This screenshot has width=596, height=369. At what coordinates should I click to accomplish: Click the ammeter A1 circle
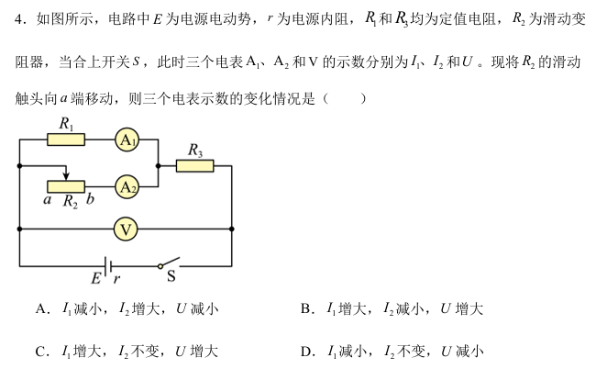click(x=127, y=140)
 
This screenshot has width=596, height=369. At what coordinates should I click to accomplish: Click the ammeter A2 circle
click(x=127, y=186)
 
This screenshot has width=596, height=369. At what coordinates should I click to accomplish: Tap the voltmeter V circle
click(x=127, y=228)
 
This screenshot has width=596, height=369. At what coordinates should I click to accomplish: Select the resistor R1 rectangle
click(x=66, y=140)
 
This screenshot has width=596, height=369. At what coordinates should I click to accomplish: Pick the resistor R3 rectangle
click(x=194, y=165)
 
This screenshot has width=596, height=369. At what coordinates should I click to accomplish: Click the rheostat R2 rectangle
click(x=66, y=186)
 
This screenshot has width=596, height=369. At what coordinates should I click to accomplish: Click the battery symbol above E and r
click(x=107, y=267)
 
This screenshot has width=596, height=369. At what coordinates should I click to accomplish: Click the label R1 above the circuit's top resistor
click(x=66, y=123)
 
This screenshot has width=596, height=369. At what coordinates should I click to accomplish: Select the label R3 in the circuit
click(x=194, y=149)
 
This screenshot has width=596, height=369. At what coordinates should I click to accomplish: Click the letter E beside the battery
click(x=95, y=279)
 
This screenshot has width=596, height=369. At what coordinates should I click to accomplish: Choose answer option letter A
click(x=41, y=309)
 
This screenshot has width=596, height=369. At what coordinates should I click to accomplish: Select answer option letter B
click(x=306, y=309)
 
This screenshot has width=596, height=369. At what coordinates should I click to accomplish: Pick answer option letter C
click(x=41, y=351)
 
